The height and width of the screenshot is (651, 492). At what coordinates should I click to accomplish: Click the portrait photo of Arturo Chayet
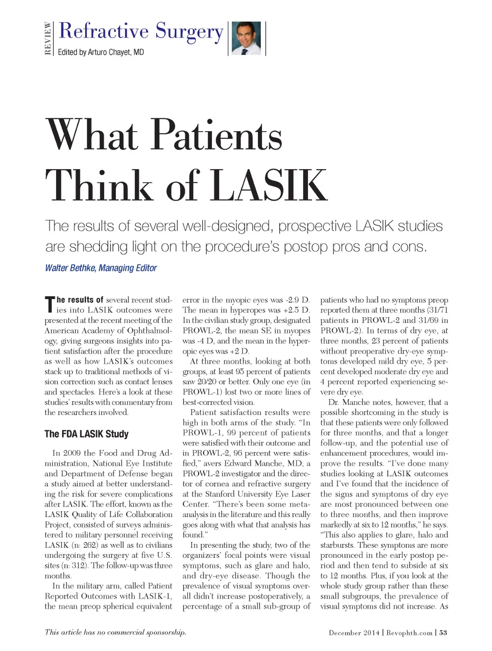pos(246,38)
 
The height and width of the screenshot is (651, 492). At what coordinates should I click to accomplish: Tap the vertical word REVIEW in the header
pos(48,38)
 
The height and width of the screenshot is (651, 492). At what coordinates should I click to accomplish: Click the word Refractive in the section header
pos(103,31)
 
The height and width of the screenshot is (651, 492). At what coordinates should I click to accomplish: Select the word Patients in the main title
pos(217,135)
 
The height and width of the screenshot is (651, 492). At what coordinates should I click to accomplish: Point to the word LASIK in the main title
pos(269,185)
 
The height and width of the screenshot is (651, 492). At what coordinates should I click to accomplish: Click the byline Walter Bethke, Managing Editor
pos(101,268)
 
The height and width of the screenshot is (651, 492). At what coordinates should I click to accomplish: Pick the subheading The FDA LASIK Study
pos(86,434)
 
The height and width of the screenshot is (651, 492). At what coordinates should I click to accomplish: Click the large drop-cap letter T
pos(50,305)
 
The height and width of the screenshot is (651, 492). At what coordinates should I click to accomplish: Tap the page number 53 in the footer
pos(443,633)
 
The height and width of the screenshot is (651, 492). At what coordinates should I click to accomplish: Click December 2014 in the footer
pos(354,633)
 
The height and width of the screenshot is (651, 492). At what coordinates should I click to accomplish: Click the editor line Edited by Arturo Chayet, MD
pos(101,52)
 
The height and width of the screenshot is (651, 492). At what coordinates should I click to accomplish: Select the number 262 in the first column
pos(88,545)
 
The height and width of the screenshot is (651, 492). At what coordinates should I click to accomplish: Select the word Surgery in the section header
pos(189,31)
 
